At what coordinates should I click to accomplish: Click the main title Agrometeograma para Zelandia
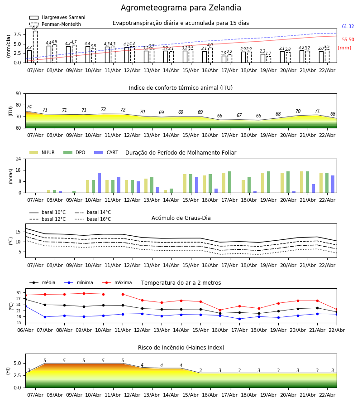[x=181, y=8]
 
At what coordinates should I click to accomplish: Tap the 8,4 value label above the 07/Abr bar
[x=35, y=28]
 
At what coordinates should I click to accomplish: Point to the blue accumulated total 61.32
[x=348, y=27]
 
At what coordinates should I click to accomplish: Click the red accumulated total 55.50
[x=348, y=40]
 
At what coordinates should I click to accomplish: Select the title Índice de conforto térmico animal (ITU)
[x=181, y=88]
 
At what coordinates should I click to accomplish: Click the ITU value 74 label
[x=29, y=107]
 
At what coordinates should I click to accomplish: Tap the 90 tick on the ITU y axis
[x=18, y=93]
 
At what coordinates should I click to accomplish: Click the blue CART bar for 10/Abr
[x=99, y=183]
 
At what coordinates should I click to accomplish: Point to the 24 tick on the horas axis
[x=18, y=159]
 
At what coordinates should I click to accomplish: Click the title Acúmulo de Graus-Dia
[x=181, y=218]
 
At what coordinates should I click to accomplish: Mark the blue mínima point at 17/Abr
[x=239, y=319]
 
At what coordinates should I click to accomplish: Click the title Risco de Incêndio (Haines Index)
[x=181, y=348]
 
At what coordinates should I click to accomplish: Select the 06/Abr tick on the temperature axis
[x=25, y=330]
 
